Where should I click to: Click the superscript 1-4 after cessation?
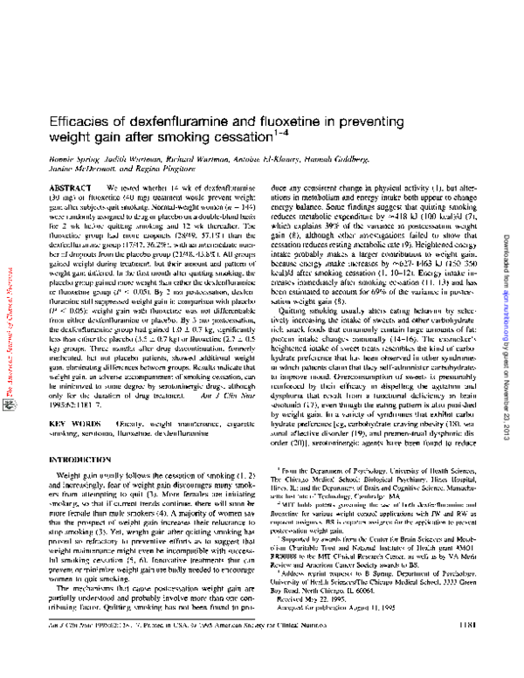coord(277,134)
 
